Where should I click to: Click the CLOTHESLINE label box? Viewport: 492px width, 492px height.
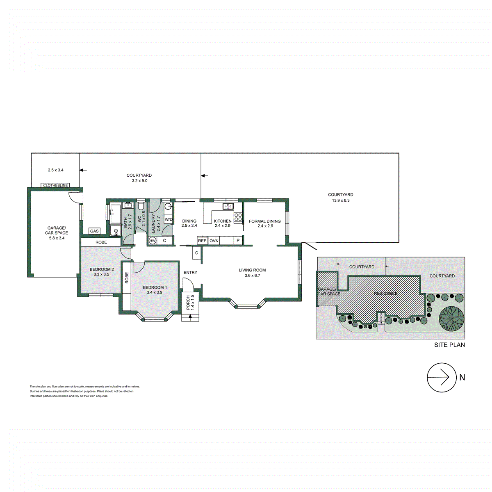point(56,185)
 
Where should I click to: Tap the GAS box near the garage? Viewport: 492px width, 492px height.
point(94,231)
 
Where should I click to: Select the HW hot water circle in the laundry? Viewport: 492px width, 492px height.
point(153,241)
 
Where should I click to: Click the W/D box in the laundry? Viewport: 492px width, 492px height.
point(169,219)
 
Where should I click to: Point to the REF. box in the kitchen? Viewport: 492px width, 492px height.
point(202,241)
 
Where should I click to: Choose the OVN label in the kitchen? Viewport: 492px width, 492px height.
point(214,241)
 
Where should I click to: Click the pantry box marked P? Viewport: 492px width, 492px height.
point(238,241)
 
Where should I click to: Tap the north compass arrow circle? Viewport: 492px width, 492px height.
point(442,377)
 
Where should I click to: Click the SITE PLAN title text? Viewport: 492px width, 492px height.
point(449,345)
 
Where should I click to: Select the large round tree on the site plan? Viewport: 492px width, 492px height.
point(452,319)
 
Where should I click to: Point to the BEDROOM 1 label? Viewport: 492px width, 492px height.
point(155,287)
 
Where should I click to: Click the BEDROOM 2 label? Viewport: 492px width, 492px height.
point(102,269)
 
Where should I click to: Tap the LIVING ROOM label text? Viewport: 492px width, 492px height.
point(252,270)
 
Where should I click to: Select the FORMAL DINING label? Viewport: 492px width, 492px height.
point(265,221)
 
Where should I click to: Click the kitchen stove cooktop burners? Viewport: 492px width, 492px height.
point(238,217)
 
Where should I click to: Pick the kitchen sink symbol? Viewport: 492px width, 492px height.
point(228,206)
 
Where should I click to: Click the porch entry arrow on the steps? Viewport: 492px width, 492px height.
point(190,316)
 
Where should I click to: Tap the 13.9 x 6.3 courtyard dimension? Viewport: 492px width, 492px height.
point(341,200)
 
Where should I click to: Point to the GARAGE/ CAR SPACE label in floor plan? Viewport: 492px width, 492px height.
point(56,230)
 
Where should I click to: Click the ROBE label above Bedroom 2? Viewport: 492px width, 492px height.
point(101,242)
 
